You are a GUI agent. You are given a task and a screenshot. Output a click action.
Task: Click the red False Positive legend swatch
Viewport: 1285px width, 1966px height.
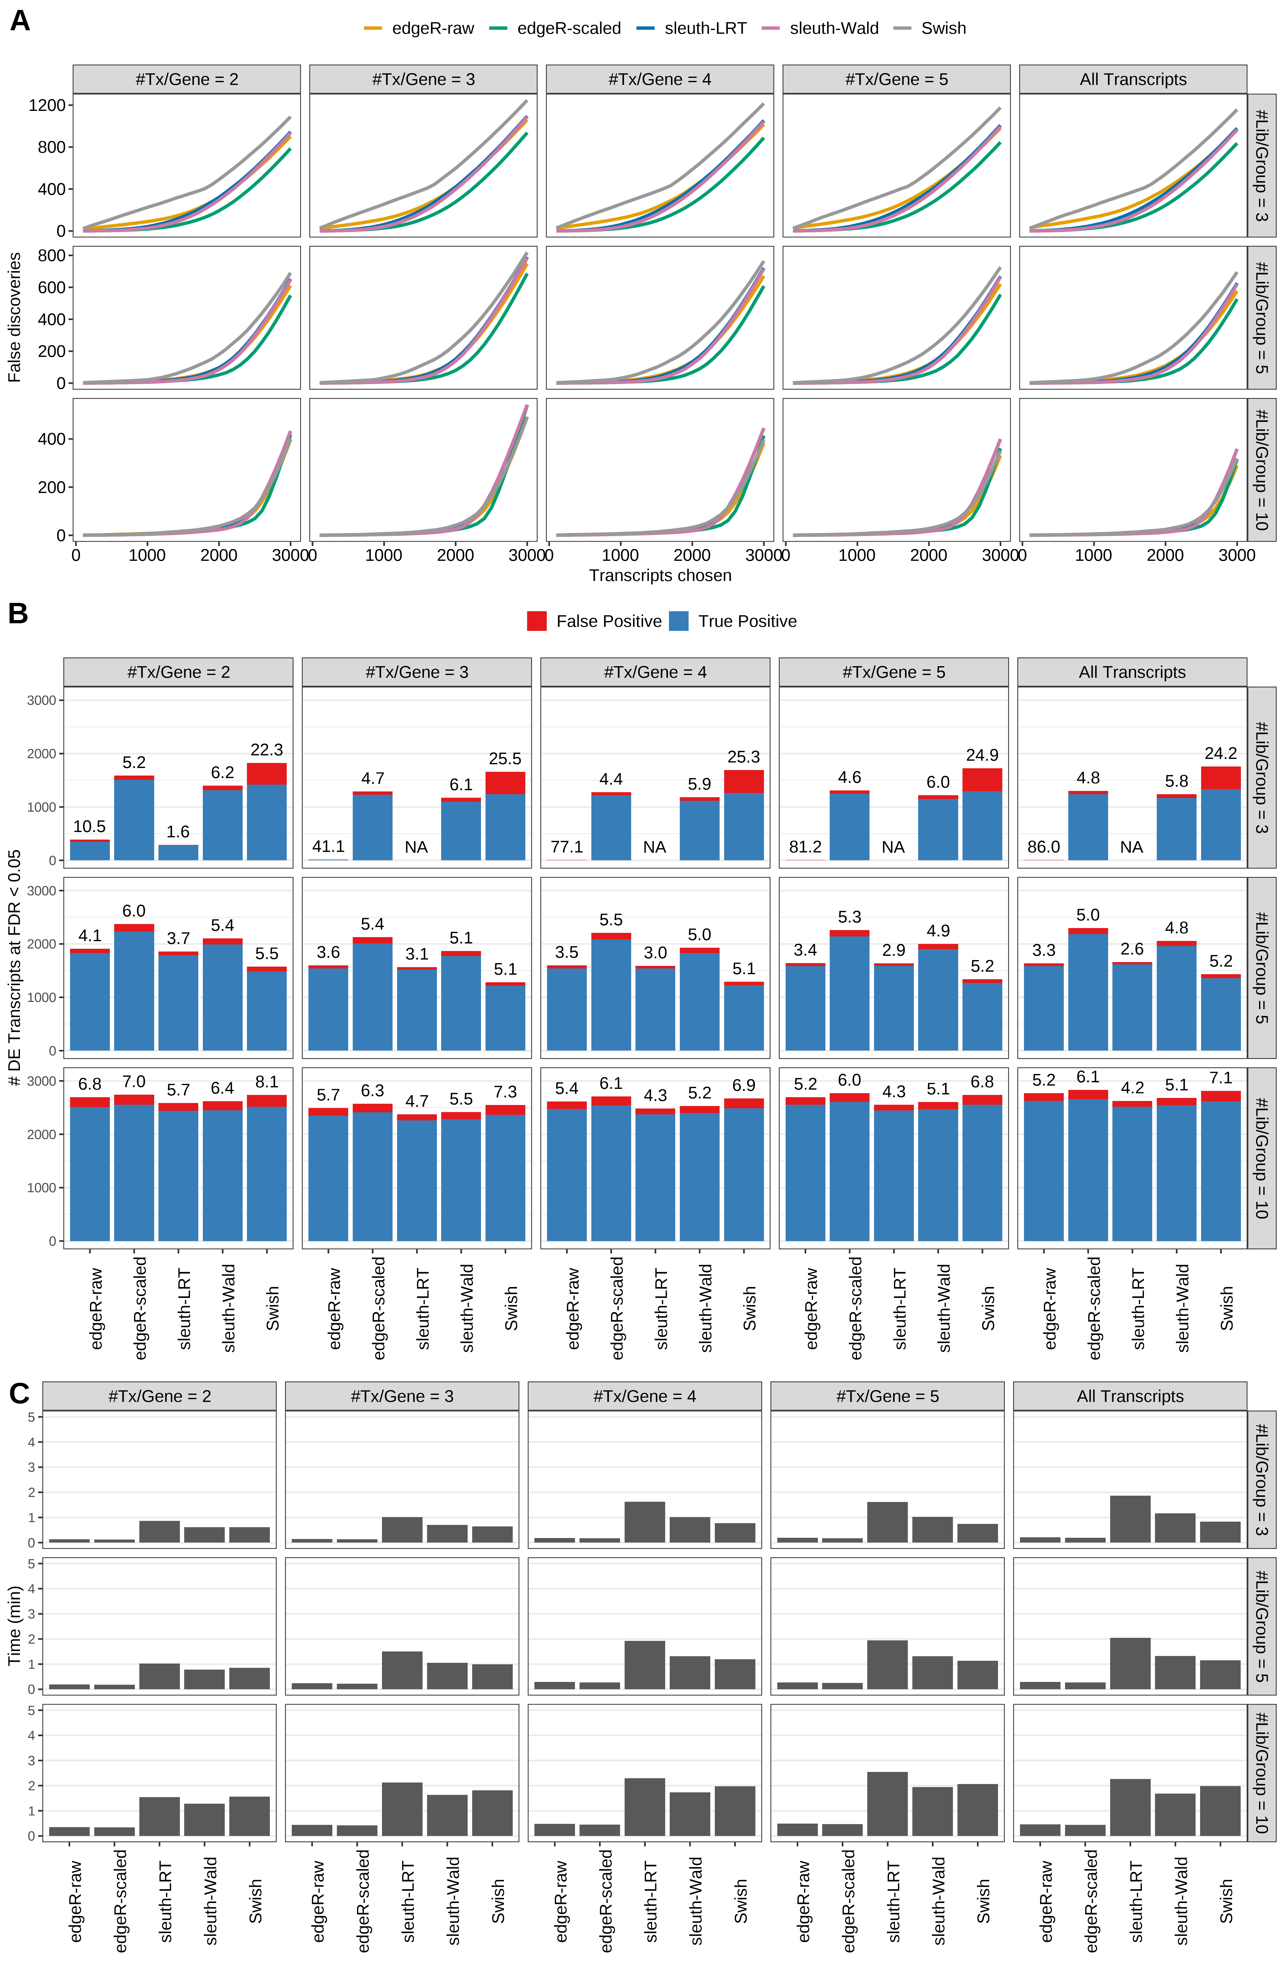click(x=537, y=621)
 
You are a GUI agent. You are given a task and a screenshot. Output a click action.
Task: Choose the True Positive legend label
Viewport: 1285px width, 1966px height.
click(x=747, y=621)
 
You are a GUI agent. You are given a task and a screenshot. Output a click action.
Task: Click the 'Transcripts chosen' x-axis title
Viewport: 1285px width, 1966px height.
click(x=660, y=576)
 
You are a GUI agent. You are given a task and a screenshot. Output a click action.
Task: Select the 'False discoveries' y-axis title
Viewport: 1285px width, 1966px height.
click(x=14, y=317)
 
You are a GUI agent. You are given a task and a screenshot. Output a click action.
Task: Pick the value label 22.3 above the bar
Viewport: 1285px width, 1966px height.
click(x=267, y=750)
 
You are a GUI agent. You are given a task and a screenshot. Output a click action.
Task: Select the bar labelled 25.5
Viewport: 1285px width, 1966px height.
click(x=505, y=816)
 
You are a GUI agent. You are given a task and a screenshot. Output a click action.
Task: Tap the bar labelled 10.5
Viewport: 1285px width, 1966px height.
click(x=90, y=850)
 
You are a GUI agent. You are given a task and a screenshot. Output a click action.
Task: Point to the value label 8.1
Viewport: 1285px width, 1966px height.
click(x=267, y=1082)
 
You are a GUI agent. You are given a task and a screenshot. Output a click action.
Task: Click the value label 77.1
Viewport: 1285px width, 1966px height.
click(x=566, y=847)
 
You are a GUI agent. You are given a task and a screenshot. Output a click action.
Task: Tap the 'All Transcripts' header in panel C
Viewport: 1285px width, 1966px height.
click(x=1130, y=1396)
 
